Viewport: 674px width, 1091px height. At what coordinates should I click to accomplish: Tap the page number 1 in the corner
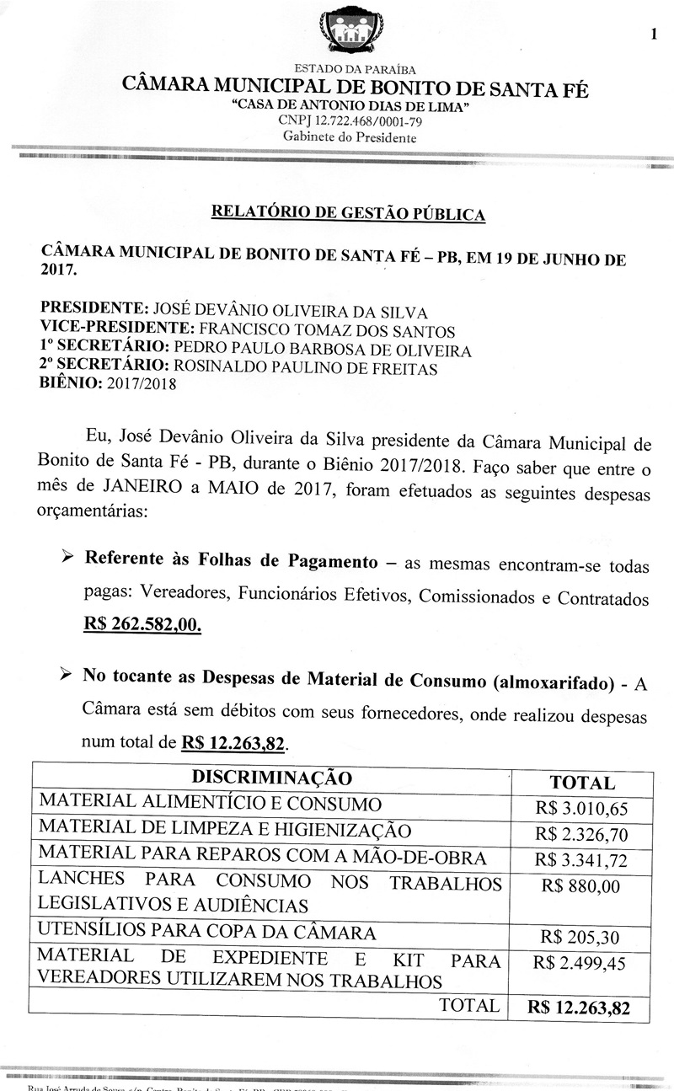(654, 34)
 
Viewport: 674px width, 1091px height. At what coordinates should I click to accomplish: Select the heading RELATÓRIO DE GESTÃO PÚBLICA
(348, 212)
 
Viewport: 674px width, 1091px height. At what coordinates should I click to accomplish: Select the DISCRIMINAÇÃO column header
(271, 778)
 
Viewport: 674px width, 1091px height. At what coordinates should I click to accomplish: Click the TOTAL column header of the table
(581, 783)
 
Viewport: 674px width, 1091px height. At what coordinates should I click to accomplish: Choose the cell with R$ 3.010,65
(581, 810)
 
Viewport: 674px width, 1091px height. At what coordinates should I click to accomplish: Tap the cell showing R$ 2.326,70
(581, 835)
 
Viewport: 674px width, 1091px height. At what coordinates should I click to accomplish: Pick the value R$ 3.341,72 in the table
(581, 860)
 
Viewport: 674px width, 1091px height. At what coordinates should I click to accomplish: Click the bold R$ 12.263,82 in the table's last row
(579, 1007)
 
